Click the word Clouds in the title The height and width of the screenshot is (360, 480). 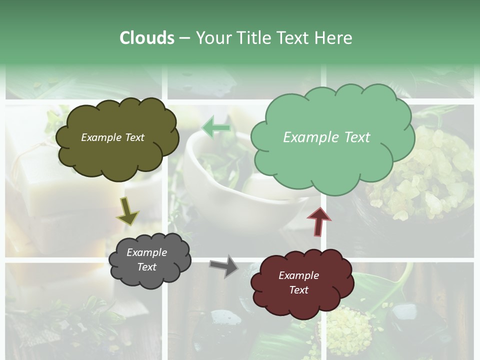(146, 38)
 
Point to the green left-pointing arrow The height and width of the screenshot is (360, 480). (215, 128)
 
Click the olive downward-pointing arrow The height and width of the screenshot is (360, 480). (127, 212)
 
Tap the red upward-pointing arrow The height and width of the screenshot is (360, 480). (319, 222)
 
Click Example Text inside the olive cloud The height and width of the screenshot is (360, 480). (112, 137)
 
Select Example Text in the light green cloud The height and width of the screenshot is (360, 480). (326, 137)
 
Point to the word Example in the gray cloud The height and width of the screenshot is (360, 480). (146, 252)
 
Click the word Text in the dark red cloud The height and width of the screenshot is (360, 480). (298, 290)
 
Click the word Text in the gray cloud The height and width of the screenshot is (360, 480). (146, 267)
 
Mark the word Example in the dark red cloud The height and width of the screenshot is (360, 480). (298, 275)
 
